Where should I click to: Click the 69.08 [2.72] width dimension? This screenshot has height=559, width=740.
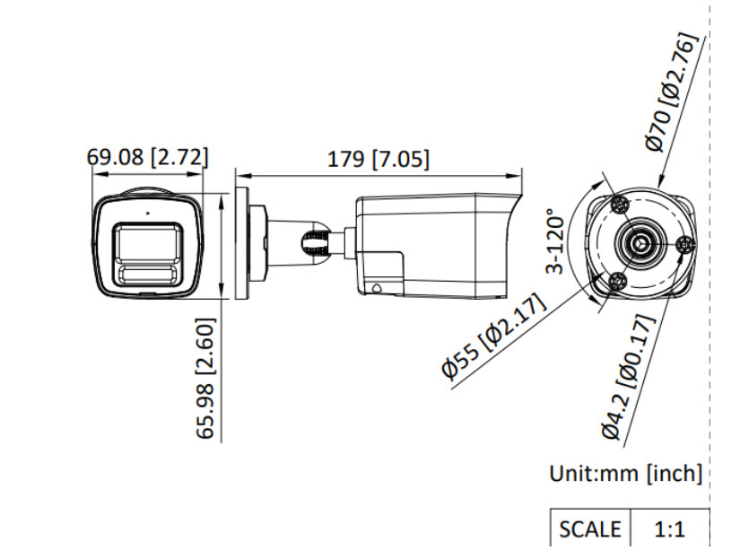click(147, 157)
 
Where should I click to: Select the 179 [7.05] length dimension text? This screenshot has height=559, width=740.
click(379, 159)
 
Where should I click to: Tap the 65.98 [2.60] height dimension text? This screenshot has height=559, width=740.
click(205, 379)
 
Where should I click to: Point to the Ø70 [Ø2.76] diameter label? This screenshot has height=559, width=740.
click(671, 92)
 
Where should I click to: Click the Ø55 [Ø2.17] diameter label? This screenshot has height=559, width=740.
click(493, 336)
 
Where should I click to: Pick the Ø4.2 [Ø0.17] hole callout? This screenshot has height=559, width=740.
click(629, 377)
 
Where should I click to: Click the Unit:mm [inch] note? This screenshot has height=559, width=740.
click(626, 473)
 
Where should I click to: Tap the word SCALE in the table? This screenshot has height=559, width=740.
click(590, 528)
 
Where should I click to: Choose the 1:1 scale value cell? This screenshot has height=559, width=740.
click(670, 528)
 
